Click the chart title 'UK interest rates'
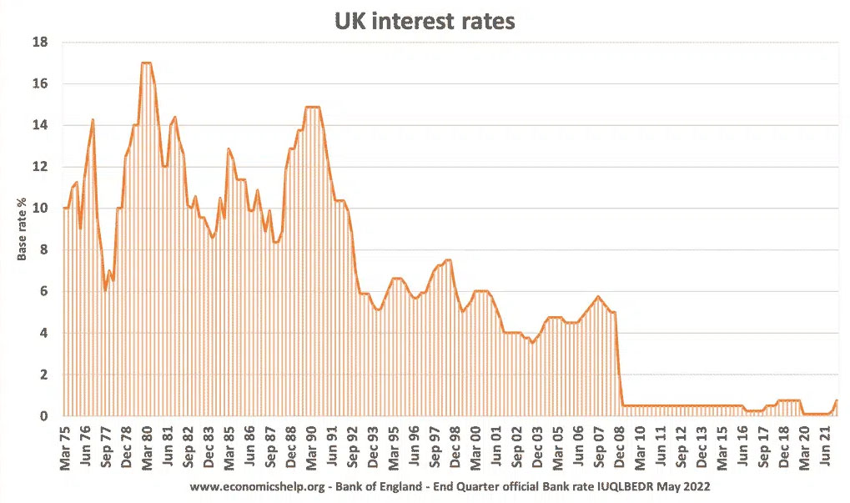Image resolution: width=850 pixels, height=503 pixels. pyautogui.click(x=425, y=21)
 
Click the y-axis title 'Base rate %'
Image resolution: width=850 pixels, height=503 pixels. pyautogui.click(x=23, y=229)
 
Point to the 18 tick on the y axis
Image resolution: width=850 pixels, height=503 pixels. pyautogui.click(x=40, y=43)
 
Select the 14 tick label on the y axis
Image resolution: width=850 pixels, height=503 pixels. pyautogui.click(x=40, y=125)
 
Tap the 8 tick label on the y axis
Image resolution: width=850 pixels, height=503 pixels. pyautogui.click(x=43, y=249)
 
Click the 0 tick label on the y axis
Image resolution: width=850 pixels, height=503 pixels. pyautogui.click(x=43, y=416)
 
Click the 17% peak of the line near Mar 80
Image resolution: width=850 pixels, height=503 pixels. pyautogui.click(x=146, y=63)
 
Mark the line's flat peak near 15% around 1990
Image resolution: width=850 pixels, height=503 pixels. pyautogui.click(x=312, y=107)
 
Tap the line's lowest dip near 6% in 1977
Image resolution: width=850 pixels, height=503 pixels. pyautogui.click(x=105, y=289)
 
